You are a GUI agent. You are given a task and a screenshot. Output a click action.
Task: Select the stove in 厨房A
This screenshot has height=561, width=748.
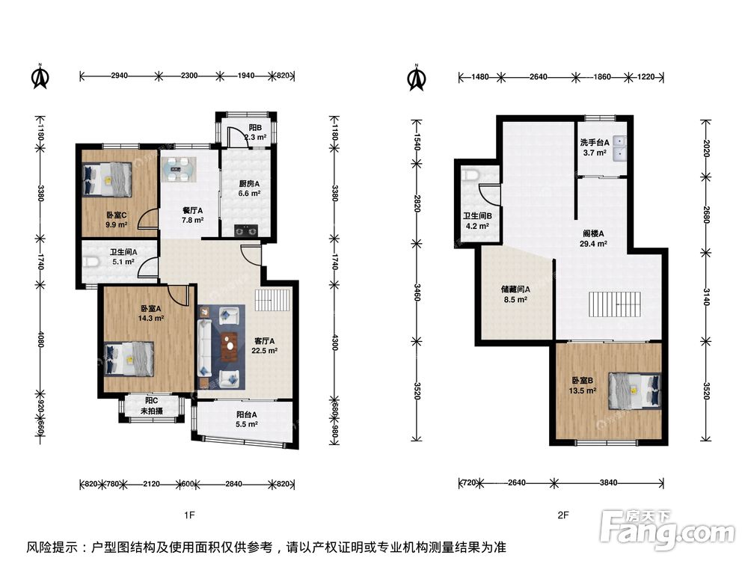pyautogui.click(x=246, y=231)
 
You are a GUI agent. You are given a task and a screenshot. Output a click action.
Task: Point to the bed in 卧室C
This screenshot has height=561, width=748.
pyautogui.click(x=107, y=180)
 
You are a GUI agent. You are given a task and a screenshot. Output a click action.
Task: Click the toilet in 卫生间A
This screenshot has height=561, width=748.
pyautogui.click(x=91, y=262)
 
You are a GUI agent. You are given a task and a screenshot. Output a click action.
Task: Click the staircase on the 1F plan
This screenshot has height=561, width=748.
pyautogui.click(x=272, y=300)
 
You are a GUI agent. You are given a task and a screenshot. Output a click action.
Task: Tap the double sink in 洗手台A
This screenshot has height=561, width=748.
pyautogui.click(x=619, y=148)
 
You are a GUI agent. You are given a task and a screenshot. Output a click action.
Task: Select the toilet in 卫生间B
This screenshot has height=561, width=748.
pyautogui.click(x=470, y=175)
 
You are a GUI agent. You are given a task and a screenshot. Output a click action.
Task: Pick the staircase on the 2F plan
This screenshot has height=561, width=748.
pyautogui.click(x=613, y=305)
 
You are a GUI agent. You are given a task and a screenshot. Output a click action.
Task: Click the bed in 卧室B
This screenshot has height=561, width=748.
pyautogui.click(x=635, y=390)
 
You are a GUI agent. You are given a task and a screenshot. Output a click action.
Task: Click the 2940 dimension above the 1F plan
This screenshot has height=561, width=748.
pyautogui.click(x=119, y=76)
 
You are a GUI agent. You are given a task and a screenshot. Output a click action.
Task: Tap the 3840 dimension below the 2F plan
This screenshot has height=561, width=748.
pyautogui.click(x=608, y=482)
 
